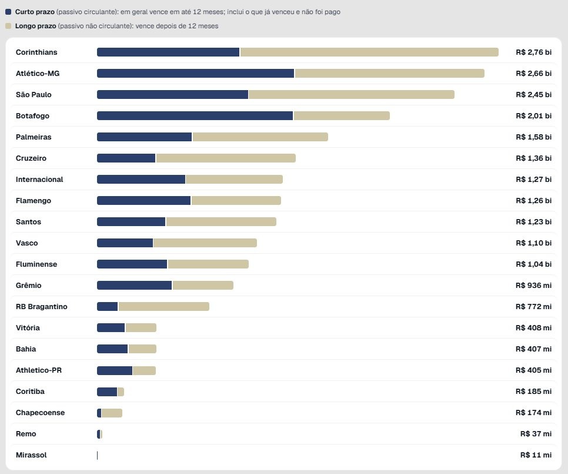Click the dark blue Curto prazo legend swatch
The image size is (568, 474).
(x=8, y=12)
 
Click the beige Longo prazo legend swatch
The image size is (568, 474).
(x=8, y=26)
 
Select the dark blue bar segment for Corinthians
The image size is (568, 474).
(x=168, y=52)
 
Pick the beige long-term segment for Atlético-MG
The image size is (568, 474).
(x=390, y=74)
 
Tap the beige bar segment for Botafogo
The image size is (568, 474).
(x=342, y=116)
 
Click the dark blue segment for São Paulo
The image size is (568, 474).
(x=172, y=95)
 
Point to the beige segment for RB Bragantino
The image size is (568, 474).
(x=164, y=307)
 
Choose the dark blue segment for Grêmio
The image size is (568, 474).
(x=135, y=286)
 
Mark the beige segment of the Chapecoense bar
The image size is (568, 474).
(x=112, y=413)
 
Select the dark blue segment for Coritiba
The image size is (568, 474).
(x=107, y=392)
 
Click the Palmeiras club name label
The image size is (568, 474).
(x=34, y=137)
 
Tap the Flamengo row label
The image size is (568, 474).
(x=34, y=201)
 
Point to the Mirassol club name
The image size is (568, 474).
(x=31, y=455)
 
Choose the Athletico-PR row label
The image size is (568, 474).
(x=39, y=370)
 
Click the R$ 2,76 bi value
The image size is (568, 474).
(x=533, y=52)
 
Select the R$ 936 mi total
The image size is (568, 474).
(x=533, y=286)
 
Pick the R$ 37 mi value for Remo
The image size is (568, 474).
(x=536, y=434)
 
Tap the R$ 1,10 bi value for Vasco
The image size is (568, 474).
(x=533, y=243)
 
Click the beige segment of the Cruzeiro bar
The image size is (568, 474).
(x=226, y=158)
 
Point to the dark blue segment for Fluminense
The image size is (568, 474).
(x=132, y=264)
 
